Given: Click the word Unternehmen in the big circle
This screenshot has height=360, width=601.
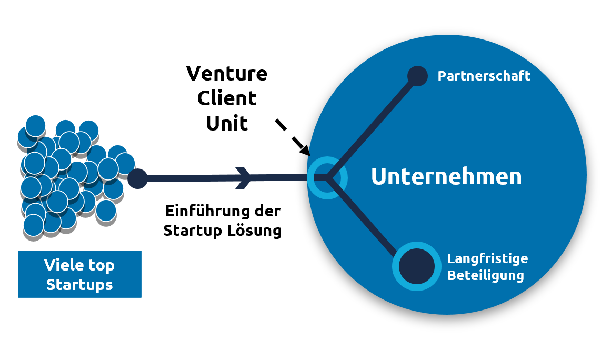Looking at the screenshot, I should [446, 177].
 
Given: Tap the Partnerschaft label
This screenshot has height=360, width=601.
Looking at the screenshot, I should [484, 76].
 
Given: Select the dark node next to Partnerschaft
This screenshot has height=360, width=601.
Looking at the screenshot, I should [417, 76].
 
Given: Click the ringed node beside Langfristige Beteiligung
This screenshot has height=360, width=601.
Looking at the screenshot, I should [416, 266].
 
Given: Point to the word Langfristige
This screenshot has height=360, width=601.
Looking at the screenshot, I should [487, 259].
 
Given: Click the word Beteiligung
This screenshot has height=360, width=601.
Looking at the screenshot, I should [485, 275].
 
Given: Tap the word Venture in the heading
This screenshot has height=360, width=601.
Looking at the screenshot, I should [227, 74].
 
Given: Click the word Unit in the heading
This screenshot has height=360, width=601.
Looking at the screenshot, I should [227, 123].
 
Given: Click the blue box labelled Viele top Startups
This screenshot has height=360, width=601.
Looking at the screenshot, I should [79, 274].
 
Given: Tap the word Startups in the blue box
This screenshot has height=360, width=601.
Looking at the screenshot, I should [79, 285].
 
